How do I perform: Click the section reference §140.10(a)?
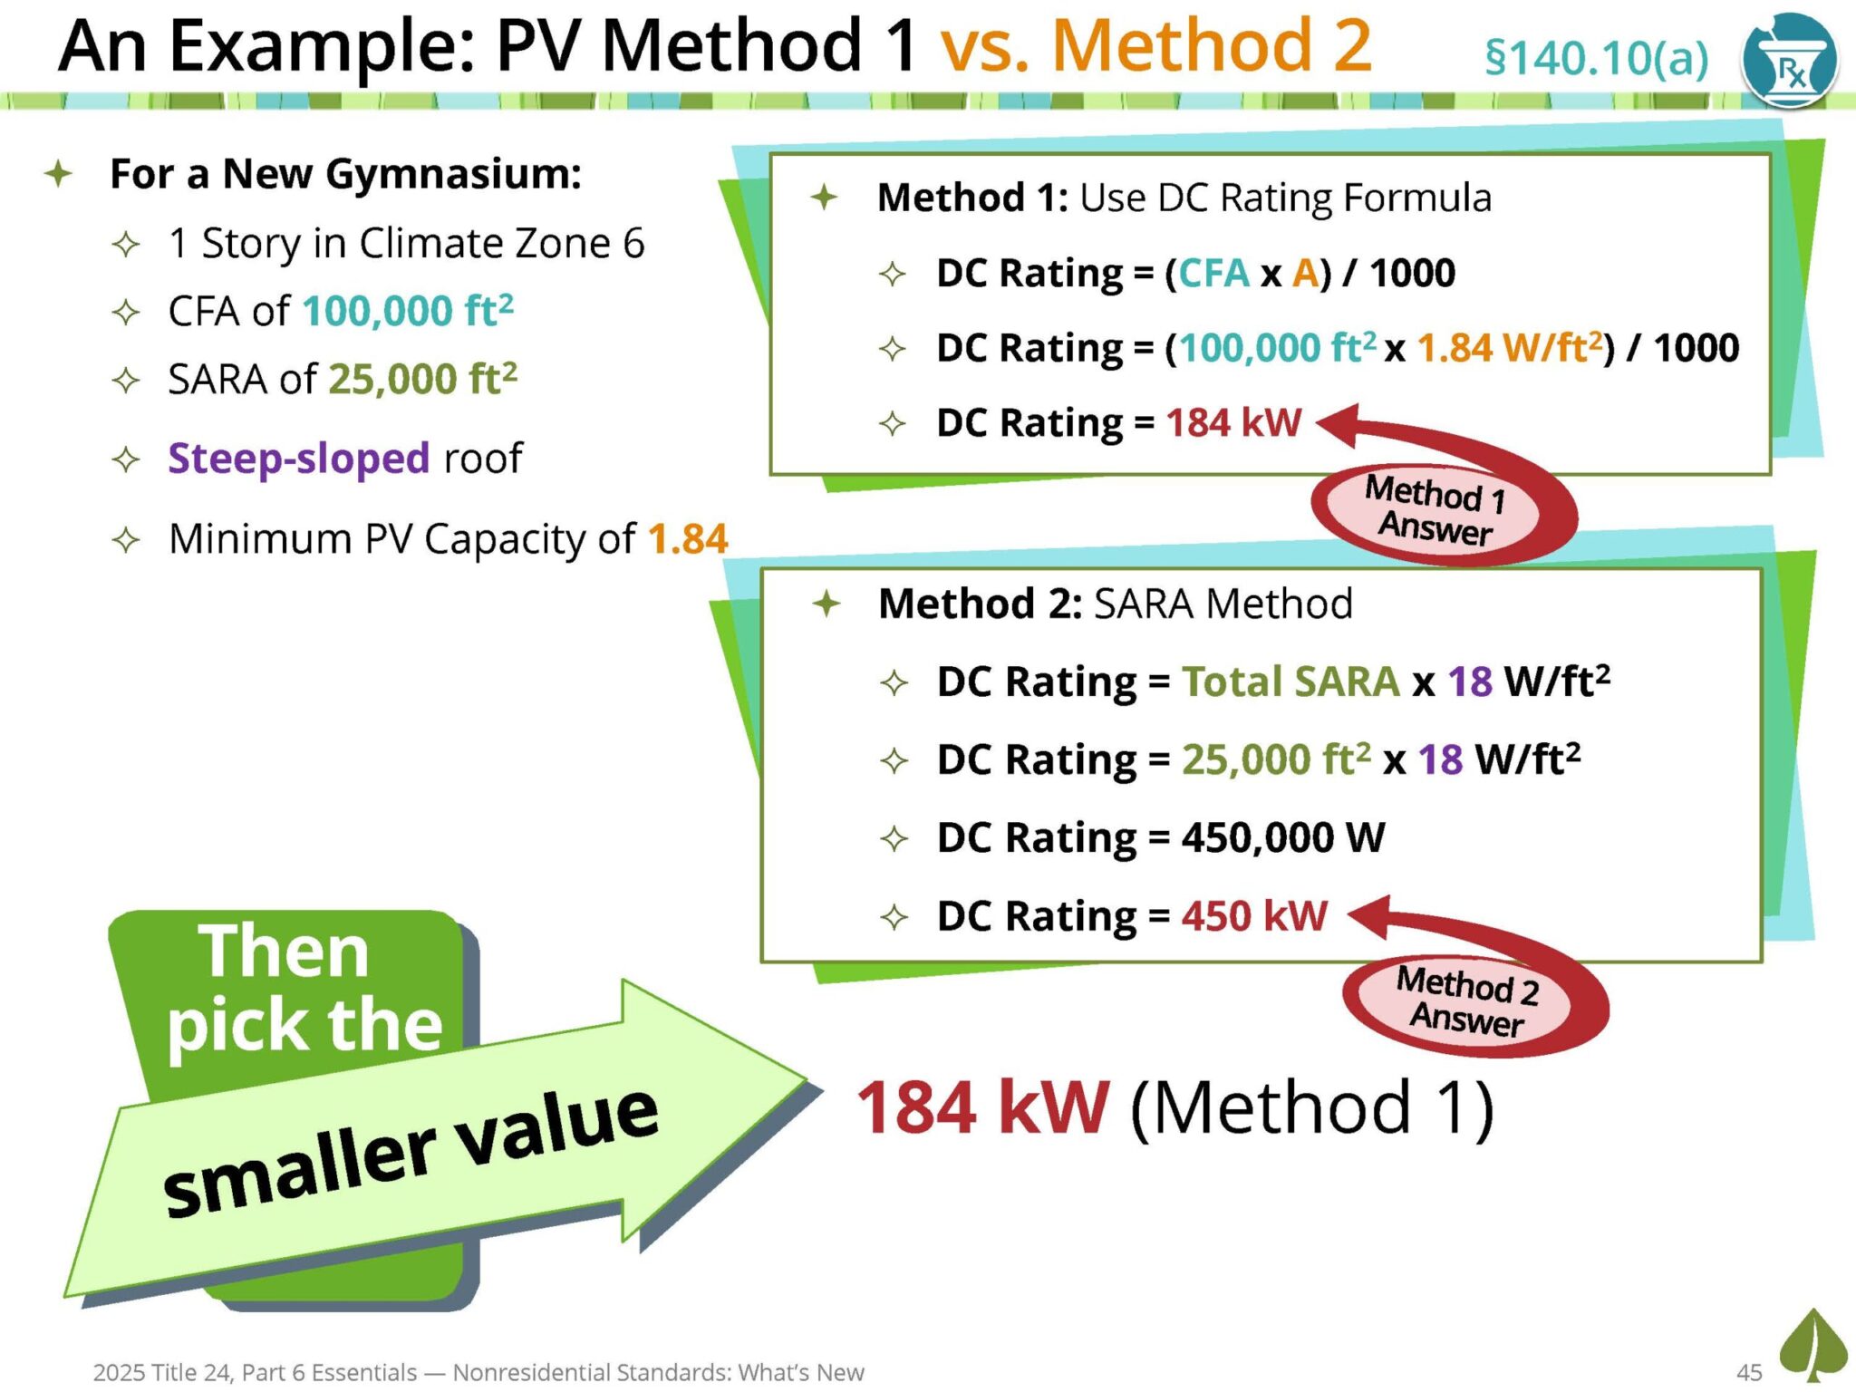click(x=1596, y=59)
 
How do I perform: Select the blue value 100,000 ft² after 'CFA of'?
click(x=408, y=311)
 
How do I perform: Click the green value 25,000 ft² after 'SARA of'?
click(x=422, y=379)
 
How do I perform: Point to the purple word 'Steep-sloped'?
click(x=298, y=459)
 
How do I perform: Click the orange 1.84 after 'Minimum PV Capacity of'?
click(x=688, y=539)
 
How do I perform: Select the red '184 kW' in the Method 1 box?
click(x=1233, y=422)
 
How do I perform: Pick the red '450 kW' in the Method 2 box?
click(x=1254, y=915)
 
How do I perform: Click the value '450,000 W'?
click(x=1283, y=837)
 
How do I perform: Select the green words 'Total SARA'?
click(x=1290, y=681)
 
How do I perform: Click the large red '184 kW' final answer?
click(x=982, y=1107)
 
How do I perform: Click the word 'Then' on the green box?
click(x=284, y=952)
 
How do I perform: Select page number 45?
click(x=1749, y=1372)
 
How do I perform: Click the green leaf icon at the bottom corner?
click(x=1812, y=1347)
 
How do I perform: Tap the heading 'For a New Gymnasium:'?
click(x=345, y=173)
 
